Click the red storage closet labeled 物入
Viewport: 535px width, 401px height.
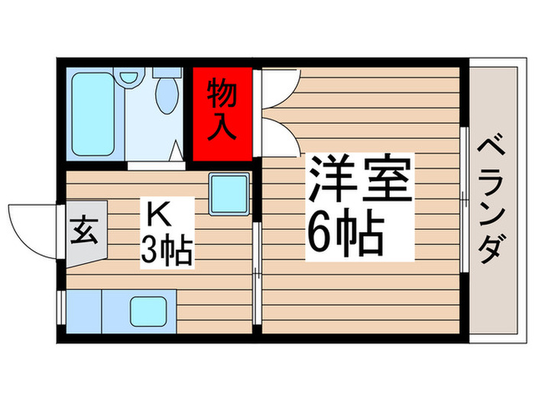pyautogui.click(x=222, y=115)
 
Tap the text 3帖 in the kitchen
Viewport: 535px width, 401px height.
pyautogui.click(x=166, y=251)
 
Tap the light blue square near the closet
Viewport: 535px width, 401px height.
pyautogui.click(x=229, y=192)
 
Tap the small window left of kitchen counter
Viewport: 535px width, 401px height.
pyautogui.click(x=60, y=312)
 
